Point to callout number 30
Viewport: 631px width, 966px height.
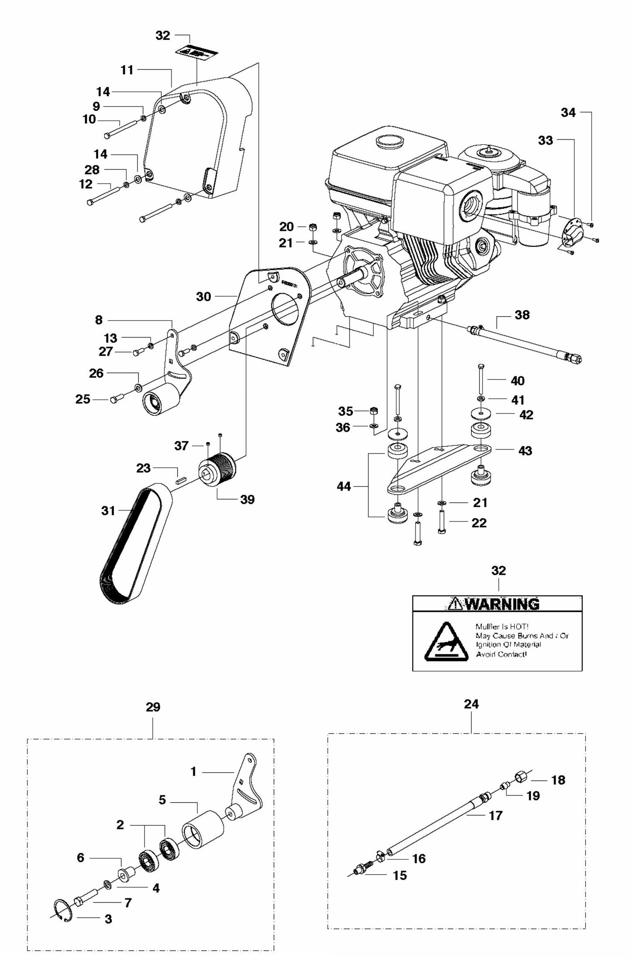(x=203, y=297)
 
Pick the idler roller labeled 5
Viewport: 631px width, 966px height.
(x=202, y=829)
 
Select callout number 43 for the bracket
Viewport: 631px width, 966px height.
(x=525, y=451)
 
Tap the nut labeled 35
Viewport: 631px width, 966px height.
(x=374, y=411)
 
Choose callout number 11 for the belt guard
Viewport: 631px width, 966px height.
(x=127, y=70)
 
